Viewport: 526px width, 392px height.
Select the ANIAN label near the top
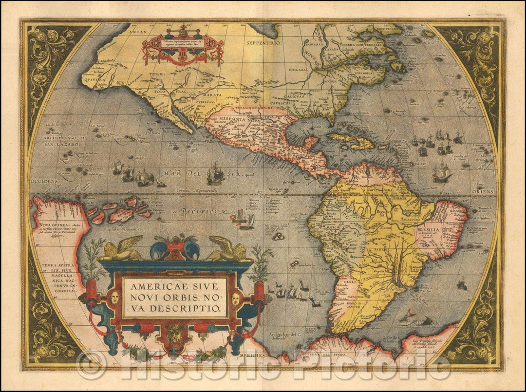click(139, 32)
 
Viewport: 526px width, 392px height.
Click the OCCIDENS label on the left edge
click(42, 180)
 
